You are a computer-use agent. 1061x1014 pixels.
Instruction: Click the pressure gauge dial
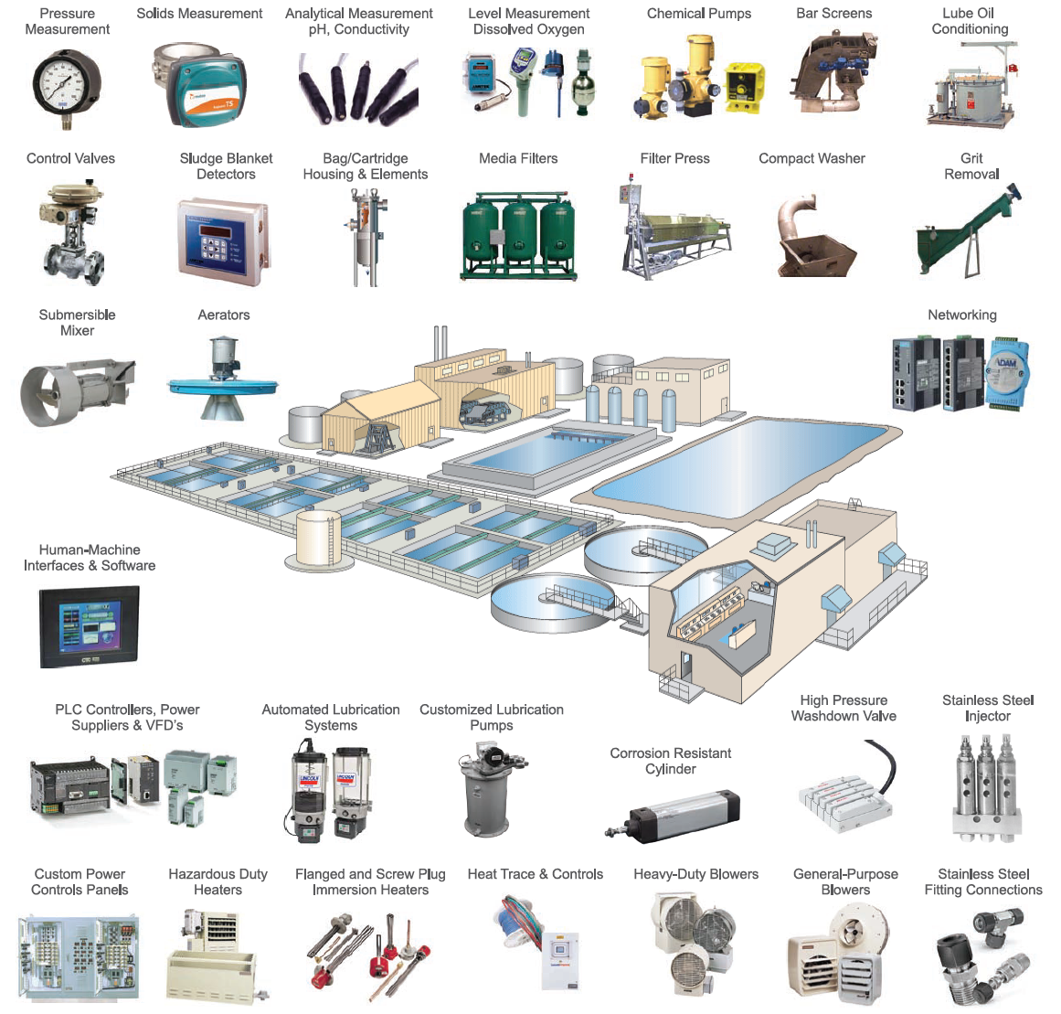(x=67, y=87)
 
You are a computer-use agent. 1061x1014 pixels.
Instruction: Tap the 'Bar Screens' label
(x=833, y=14)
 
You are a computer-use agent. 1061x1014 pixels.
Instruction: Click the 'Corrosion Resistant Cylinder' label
(x=670, y=761)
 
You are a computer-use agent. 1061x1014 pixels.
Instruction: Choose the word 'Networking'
(x=961, y=315)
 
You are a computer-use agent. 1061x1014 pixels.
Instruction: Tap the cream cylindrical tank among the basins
(x=317, y=539)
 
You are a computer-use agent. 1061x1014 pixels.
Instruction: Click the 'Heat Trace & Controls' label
(x=535, y=874)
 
